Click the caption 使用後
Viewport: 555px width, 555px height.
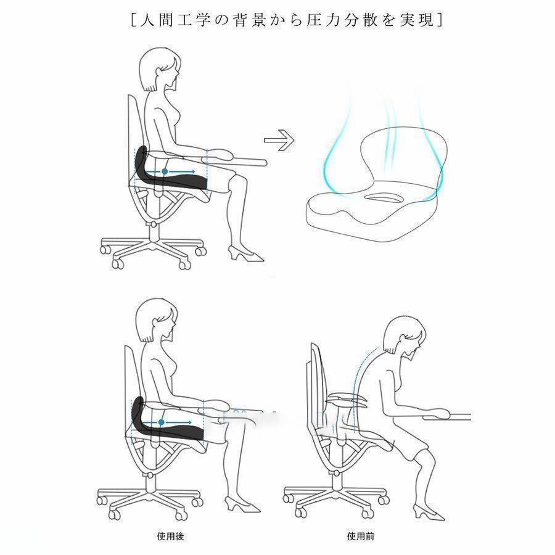[x=170, y=536]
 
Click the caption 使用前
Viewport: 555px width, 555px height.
[x=361, y=536]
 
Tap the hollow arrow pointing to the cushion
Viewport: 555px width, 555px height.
[x=279, y=140]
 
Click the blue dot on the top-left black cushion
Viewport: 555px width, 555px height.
[x=165, y=171]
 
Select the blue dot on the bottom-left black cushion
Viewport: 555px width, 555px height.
[x=162, y=422]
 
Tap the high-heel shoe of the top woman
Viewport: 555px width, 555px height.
[x=245, y=253]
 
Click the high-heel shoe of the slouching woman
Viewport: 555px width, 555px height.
[x=429, y=513]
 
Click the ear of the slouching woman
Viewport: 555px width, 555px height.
[x=403, y=339]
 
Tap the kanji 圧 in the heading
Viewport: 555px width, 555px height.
[x=314, y=20]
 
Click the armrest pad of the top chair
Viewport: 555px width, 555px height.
[x=220, y=154]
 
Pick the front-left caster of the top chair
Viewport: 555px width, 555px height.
[x=118, y=263]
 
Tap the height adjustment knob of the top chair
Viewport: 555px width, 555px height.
[x=153, y=224]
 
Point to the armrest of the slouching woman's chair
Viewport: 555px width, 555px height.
[x=347, y=399]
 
